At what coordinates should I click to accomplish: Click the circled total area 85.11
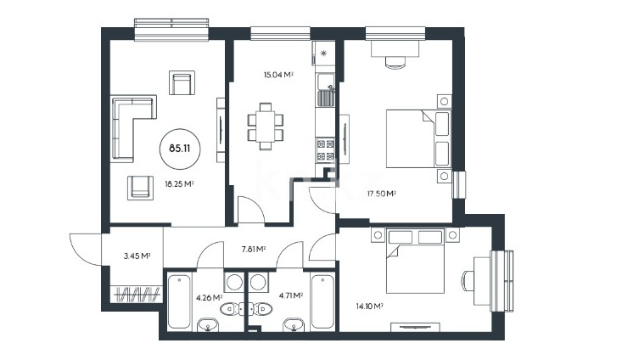180,148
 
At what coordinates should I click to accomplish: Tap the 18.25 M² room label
179,184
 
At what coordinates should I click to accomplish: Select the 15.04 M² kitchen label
278,75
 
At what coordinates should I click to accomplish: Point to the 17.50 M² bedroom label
381,194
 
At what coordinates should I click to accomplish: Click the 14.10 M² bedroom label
369,307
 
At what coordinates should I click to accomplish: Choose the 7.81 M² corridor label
254,249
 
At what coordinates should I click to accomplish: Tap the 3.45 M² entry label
137,256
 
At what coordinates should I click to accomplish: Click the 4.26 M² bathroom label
209,298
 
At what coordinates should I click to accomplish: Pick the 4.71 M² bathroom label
290,295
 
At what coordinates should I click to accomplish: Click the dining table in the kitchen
266,127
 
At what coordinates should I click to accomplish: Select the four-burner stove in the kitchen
326,149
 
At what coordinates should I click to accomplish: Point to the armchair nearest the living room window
182,82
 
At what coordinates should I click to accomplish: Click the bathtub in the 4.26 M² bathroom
179,301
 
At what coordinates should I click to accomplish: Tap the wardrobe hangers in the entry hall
137,294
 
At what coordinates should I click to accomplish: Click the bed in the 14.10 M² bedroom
415,261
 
